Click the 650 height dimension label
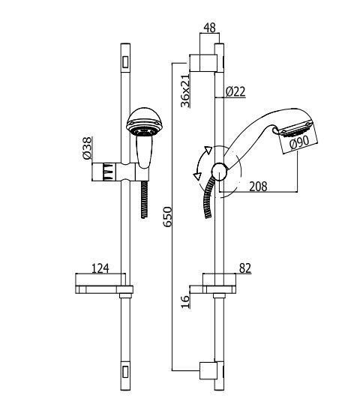pyautogui.click(x=168, y=217)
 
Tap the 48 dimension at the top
pyautogui.click(x=209, y=28)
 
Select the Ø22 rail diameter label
pyautogui.click(x=235, y=91)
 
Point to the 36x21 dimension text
pyautogui.click(x=185, y=91)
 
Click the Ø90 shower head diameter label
pyautogui.click(x=299, y=142)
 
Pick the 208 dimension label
pyautogui.click(x=258, y=186)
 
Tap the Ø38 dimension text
pyautogui.click(x=87, y=148)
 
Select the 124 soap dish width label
pyautogui.click(x=100, y=268)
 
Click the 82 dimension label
pyautogui.click(x=245, y=268)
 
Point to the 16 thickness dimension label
pyautogui.click(x=185, y=301)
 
